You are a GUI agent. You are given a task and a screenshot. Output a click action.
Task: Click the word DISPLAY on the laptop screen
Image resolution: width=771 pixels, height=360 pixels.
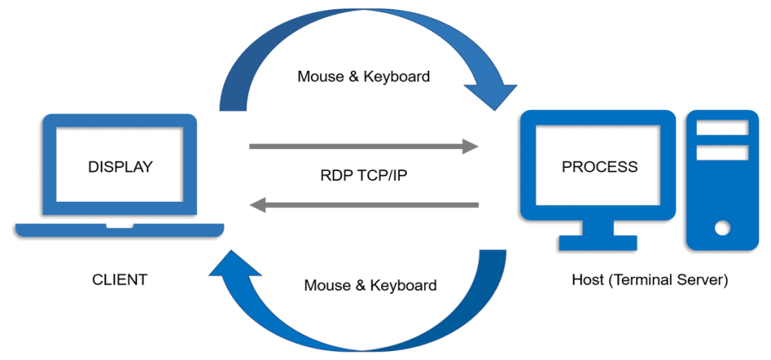click(120, 166)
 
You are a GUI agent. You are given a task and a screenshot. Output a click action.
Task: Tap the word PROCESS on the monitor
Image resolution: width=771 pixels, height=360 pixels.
click(599, 166)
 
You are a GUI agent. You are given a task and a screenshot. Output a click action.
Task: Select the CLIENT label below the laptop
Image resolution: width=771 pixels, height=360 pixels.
click(120, 280)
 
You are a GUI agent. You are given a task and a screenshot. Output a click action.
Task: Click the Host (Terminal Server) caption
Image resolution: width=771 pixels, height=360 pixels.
click(650, 280)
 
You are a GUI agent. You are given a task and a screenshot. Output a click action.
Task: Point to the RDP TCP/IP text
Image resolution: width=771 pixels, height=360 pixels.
click(364, 175)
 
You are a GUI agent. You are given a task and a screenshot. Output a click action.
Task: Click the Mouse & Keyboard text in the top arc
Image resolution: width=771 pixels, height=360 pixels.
click(364, 76)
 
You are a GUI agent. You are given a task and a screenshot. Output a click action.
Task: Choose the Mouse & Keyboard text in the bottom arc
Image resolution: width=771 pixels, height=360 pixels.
click(370, 285)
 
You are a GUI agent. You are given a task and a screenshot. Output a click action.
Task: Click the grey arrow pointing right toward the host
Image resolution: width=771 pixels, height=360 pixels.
click(364, 146)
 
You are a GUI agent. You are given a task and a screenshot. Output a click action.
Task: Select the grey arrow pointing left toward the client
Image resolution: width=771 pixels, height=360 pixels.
click(364, 204)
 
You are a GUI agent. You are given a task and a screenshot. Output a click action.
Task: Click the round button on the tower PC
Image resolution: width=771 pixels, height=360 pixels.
click(722, 227)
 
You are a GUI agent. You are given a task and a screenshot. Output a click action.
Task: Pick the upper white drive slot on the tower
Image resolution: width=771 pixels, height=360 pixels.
click(721, 128)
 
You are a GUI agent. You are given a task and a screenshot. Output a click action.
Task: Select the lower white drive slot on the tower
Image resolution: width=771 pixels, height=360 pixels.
click(721, 152)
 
